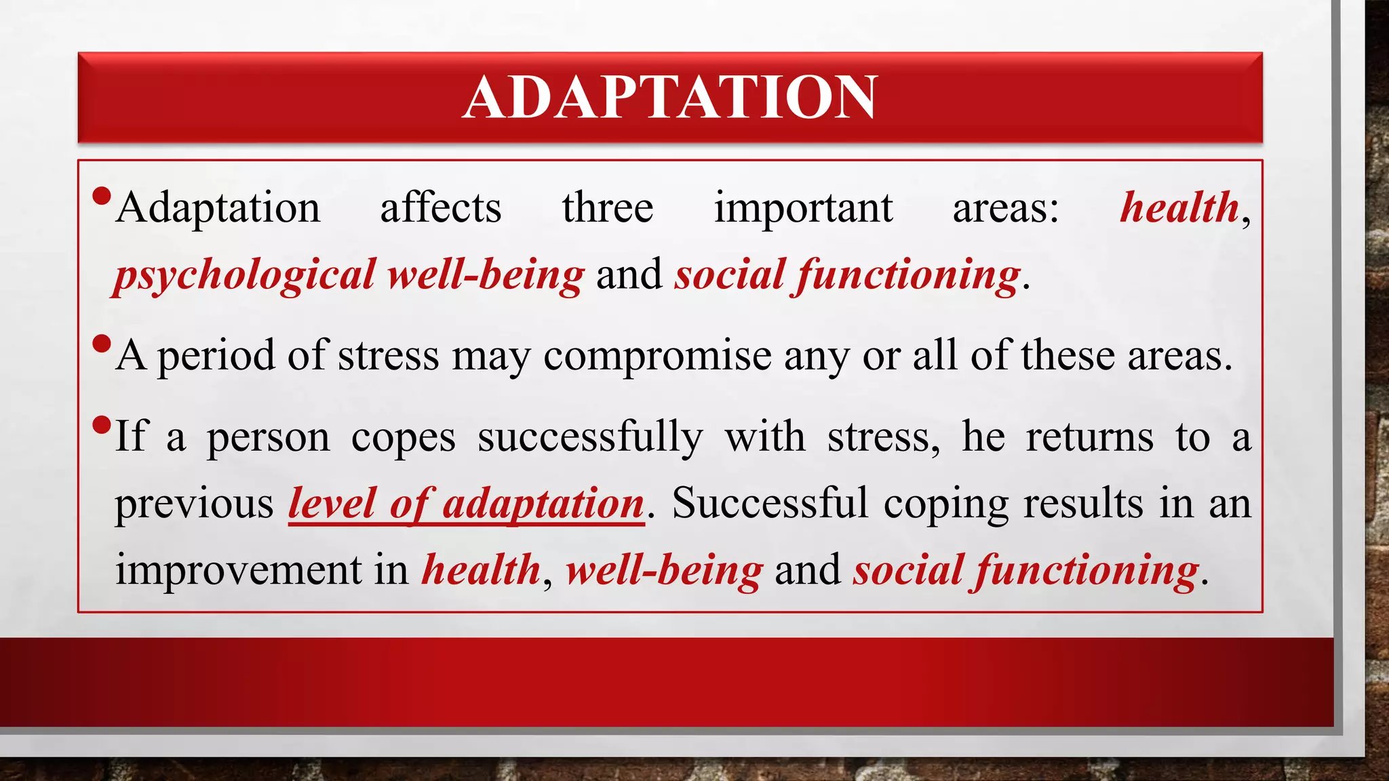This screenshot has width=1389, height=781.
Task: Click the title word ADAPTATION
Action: [x=670, y=98]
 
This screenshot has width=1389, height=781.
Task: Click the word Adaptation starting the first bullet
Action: [x=218, y=208]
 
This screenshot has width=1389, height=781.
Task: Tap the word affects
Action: [x=441, y=208]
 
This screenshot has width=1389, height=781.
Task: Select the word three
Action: [x=608, y=208]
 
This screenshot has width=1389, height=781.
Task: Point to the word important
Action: [x=803, y=208]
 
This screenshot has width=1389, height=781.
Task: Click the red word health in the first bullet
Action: [x=1179, y=207]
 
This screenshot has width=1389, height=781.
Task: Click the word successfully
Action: [x=590, y=437]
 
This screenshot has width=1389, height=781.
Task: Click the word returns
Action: [x=1089, y=437]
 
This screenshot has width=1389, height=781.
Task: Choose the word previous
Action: [x=194, y=504]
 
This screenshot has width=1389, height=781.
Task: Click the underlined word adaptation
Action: [x=543, y=504]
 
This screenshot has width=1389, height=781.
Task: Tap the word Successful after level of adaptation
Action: [x=770, y=504]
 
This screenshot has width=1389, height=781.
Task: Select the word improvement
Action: [x=238, y=569]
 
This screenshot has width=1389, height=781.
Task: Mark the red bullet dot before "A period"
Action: [x=101, y=344]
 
